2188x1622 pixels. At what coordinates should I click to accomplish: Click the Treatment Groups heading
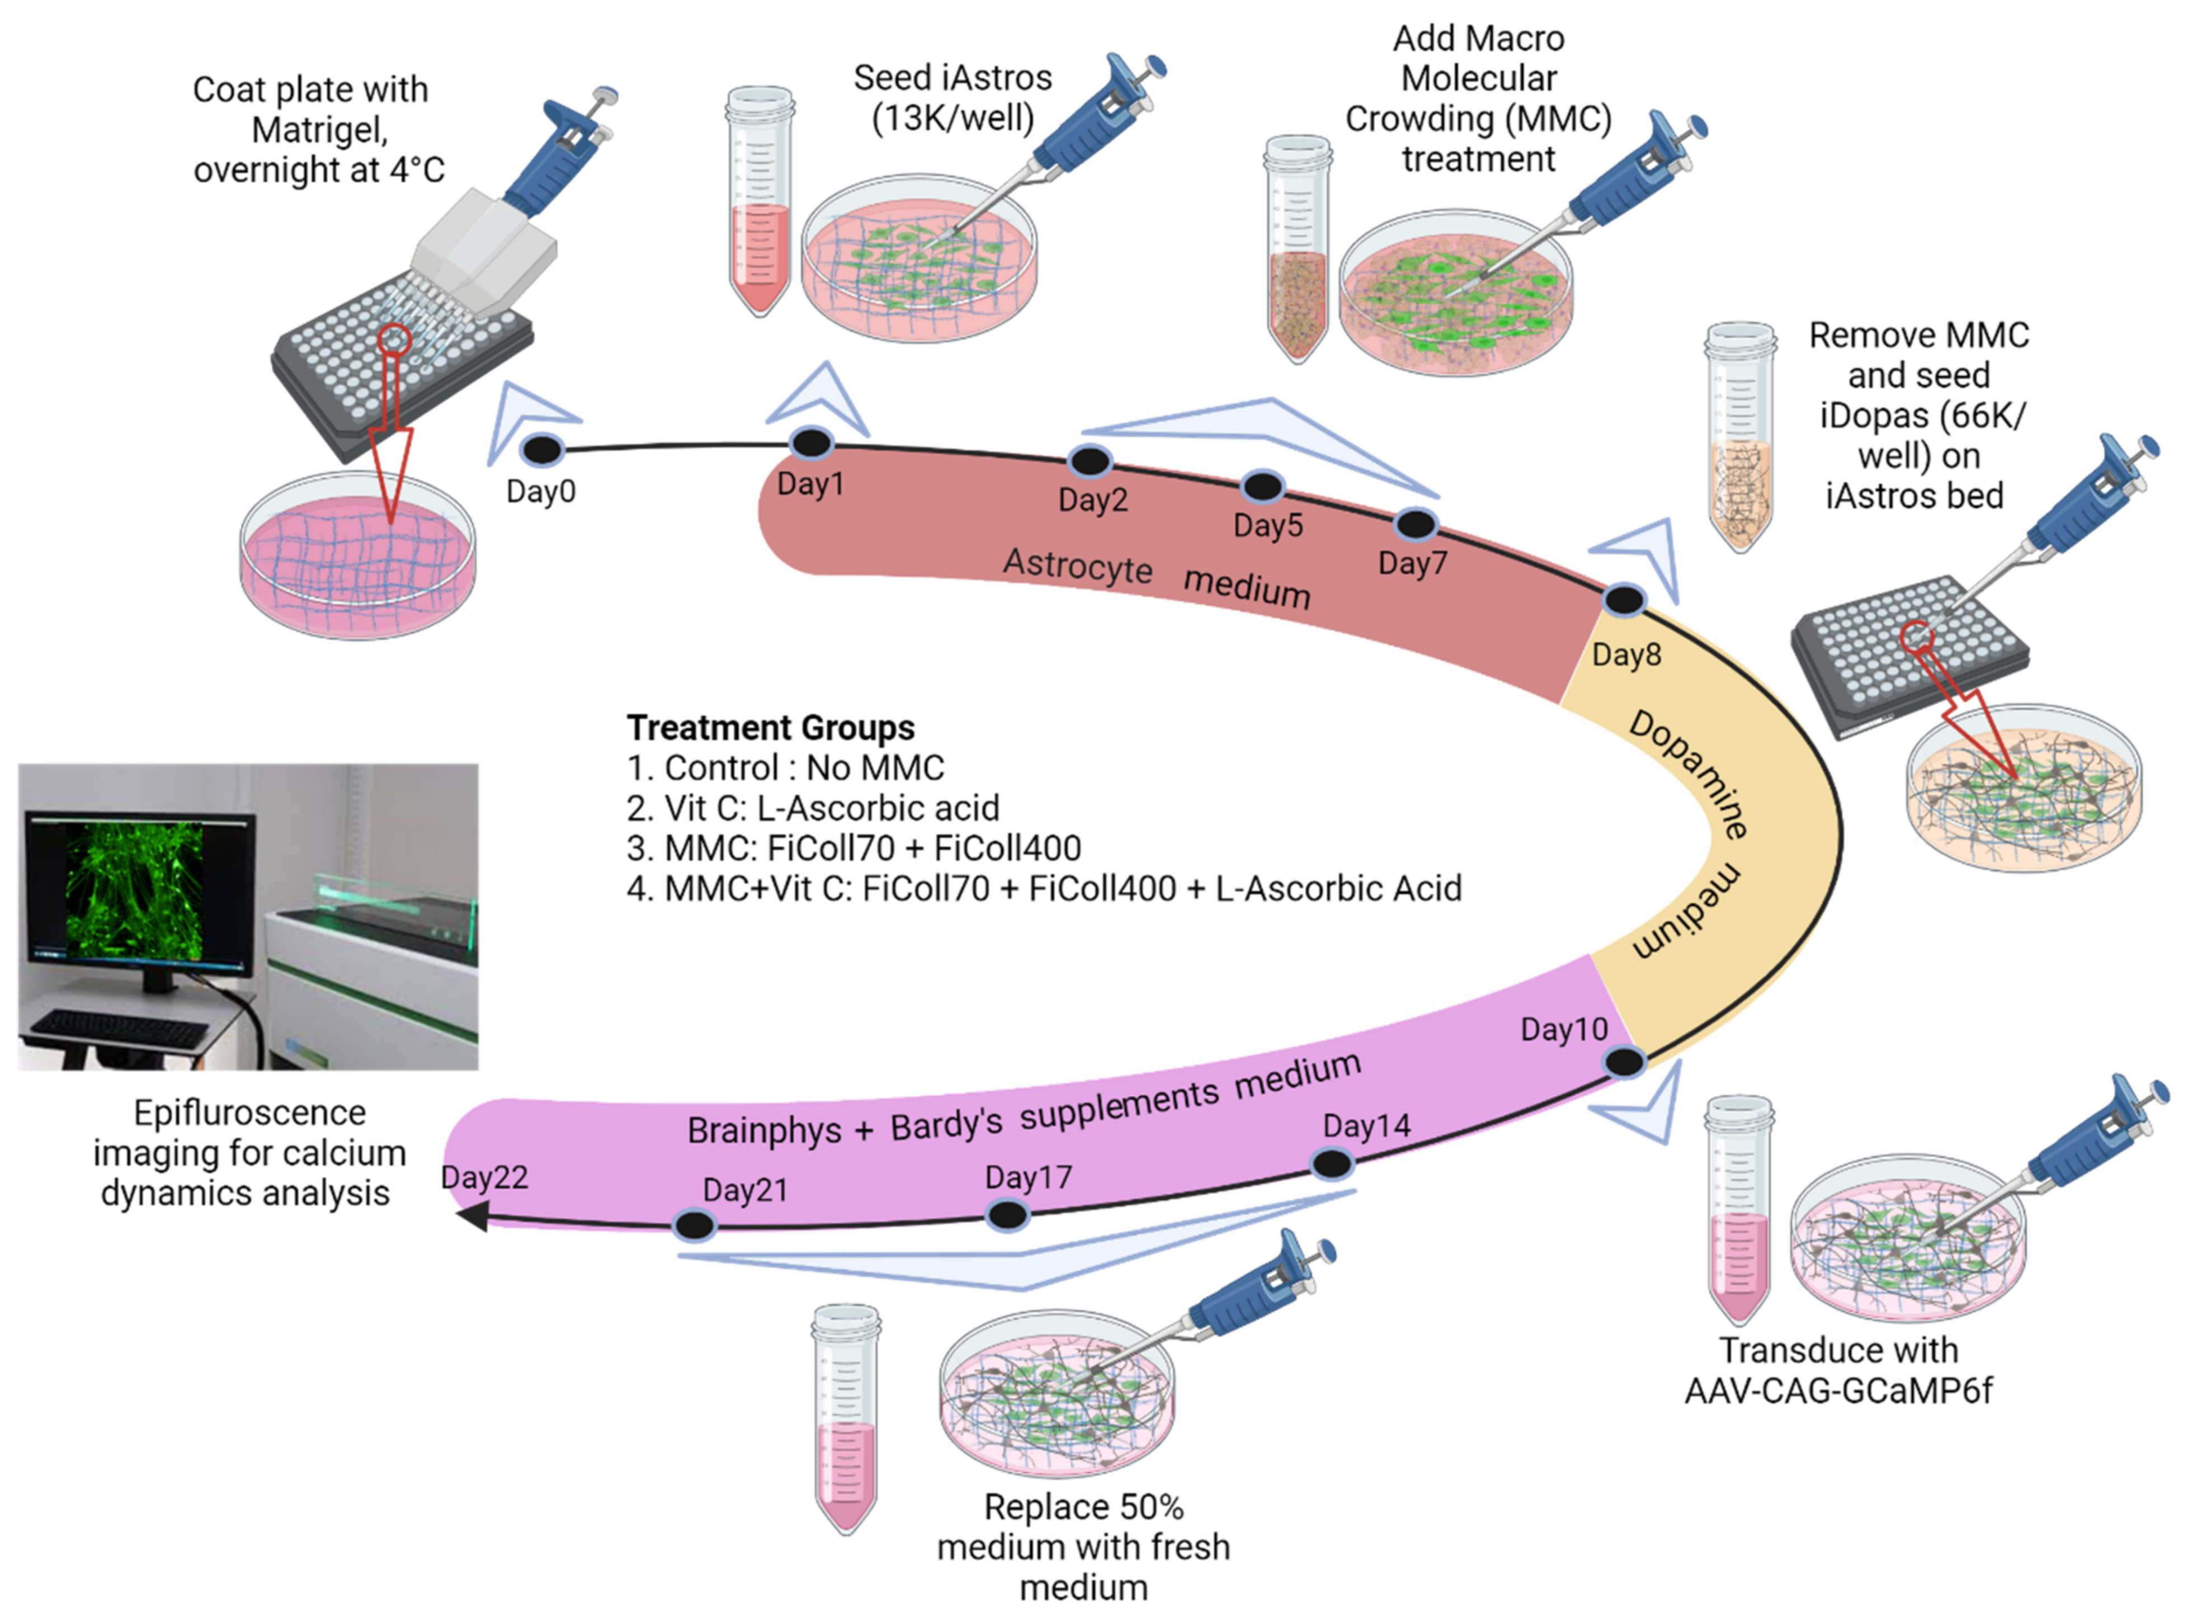click(x=771, y=728)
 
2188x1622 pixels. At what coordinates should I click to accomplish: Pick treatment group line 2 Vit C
click(x=813, y=808)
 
